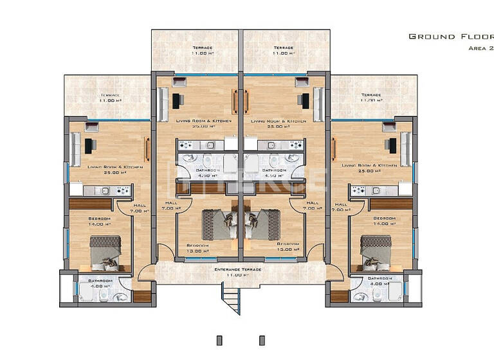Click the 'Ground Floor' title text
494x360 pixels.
coord(451,37)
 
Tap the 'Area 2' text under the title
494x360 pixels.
coord(479,48)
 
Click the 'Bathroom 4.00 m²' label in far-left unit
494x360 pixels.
coord(100,283)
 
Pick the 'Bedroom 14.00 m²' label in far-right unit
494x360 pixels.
coord(385,221)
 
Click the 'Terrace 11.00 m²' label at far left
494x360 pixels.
coord(110,98)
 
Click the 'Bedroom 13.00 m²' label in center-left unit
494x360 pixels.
coord(197,248)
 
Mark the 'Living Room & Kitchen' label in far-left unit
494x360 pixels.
coord(107,169)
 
